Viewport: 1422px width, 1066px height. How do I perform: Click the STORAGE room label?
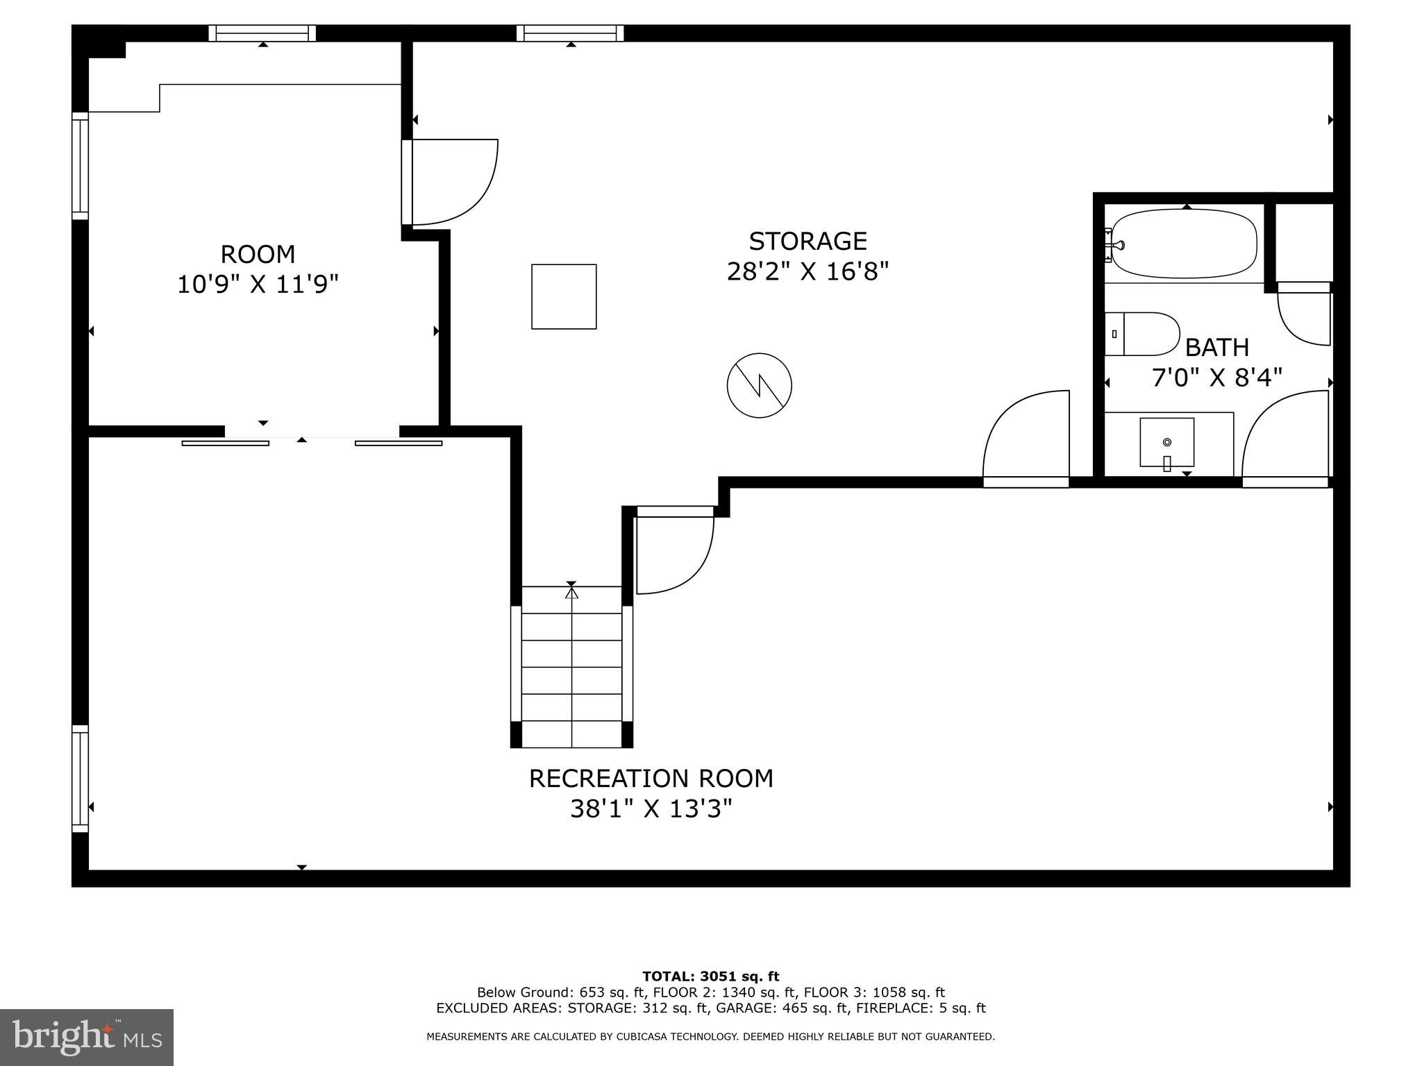[808, 242]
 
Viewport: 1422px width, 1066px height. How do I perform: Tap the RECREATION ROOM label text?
[651, 779]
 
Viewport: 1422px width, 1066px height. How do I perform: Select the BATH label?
[1216, 347]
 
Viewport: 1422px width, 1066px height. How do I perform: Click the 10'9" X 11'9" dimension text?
[258, 285]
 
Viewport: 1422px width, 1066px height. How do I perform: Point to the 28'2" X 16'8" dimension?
[808, 271]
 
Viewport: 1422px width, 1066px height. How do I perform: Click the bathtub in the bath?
[1184, 244]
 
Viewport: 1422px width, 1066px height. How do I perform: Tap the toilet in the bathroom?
[1142, 334]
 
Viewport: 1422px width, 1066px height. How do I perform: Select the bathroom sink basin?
[1166, 442]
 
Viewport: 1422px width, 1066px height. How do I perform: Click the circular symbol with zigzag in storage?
[759, 385]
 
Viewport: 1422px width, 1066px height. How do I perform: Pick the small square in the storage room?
[564, 296]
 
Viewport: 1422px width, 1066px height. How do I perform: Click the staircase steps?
[571, 666]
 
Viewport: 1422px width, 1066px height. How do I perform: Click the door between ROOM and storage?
[451, 182]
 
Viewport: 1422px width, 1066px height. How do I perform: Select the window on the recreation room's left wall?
[81, 778]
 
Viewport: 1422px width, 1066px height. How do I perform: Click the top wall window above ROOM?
[262, 33]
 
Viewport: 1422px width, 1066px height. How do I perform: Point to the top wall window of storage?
[570, 33]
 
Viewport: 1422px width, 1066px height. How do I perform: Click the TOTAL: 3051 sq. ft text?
[710, 976]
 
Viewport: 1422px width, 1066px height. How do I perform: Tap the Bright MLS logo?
[87, 1038]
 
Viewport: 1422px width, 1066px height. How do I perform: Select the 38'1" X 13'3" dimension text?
[651, 809]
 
